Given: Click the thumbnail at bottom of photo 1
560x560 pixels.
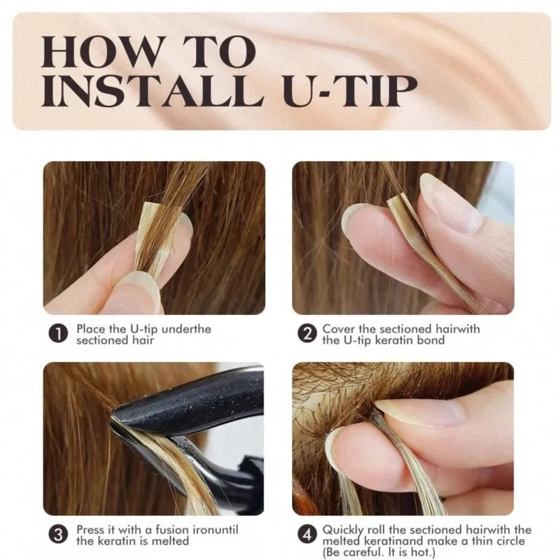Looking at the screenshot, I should coord(133,294).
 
